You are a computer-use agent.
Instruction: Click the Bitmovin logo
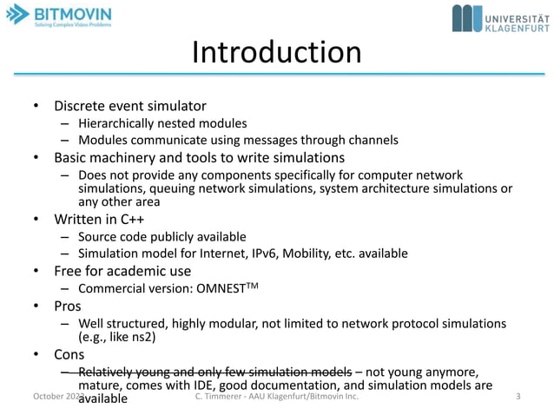click(x=58, y=16)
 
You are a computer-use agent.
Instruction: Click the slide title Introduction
click(x=276, y=53)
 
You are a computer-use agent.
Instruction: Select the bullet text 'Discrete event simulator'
click(x=130, y=106)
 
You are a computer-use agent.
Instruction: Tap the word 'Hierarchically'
click(x=118, y=123)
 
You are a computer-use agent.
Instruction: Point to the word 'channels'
click(x=373, y=140)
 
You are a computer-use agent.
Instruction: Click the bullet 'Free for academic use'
click(x=122, y=271)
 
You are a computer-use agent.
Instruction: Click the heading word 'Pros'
click(x=68, y=306)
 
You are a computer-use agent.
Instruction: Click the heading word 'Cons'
click(x=69, y=354)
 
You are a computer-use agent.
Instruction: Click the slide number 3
click(x=518, y=397)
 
